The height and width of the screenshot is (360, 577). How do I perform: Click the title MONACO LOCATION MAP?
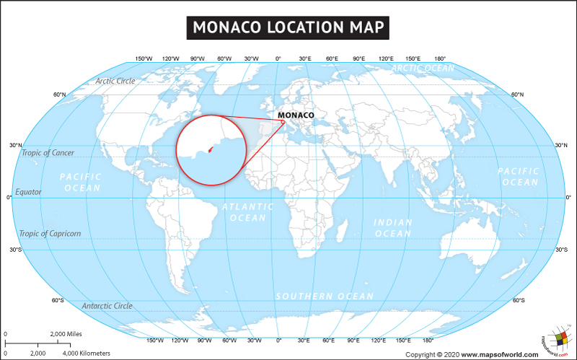pyautogui.click(x=288, y=27)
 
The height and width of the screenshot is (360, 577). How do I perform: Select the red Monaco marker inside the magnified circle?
pyautogui.click(x=210, y=150)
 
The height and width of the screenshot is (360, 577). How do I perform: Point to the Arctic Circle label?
pyautogui.click(x=115, y=81)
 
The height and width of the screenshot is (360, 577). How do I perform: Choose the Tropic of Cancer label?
pyautogui.click(x=48, y=153)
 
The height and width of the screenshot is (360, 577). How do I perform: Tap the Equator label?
pyautogui.click(x=29, y=192)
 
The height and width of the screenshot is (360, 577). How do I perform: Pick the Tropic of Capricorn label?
pyautogui.click(x=50, y=234)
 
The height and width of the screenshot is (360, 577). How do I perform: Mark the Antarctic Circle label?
pyautogui.click(x=107, y=306)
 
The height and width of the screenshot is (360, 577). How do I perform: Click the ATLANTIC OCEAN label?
pyautogui.click(x=248, y=212)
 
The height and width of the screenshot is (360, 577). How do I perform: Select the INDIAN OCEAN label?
pyautogui.click(x=393, y=228)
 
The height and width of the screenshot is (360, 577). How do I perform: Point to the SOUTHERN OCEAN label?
pyautogui.click(x=325, y=297)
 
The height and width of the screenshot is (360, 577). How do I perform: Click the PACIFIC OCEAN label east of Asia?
pyautogui.click(x=518, y=177)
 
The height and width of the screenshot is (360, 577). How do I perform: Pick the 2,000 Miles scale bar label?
pyautogui.click(x=66, y=334)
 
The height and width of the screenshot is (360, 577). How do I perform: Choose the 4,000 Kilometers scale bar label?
pyautogui.click(x=87, y=354)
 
